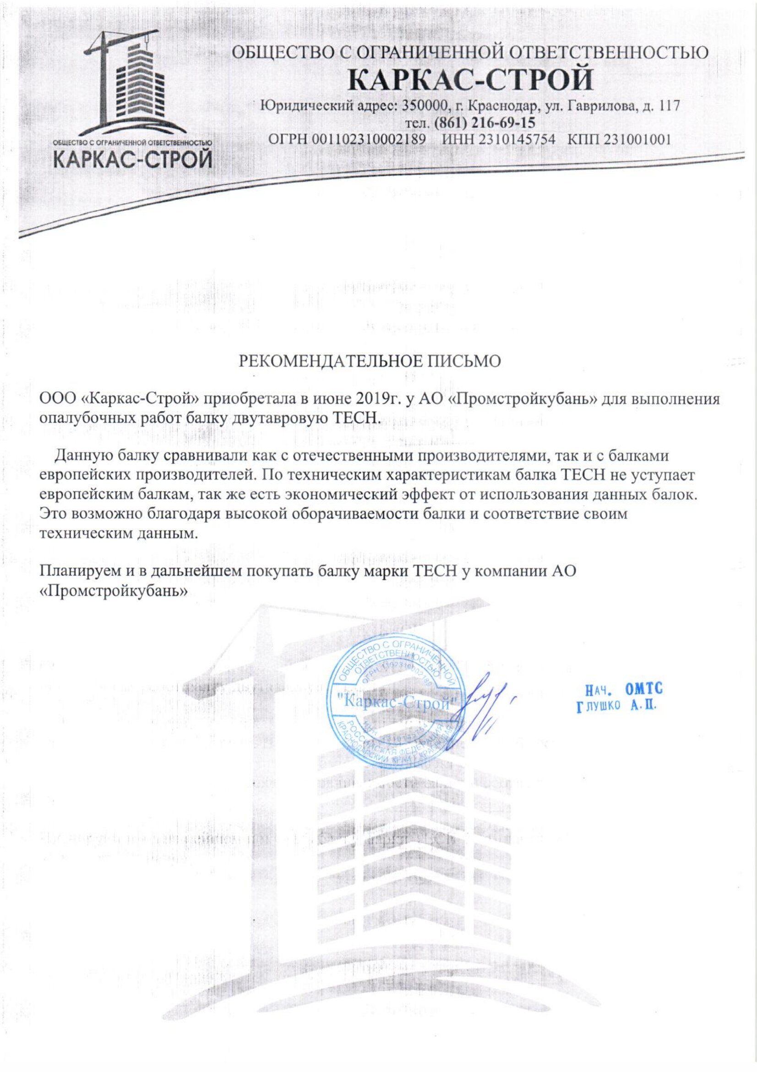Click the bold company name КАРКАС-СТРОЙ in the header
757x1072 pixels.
coord(471,79)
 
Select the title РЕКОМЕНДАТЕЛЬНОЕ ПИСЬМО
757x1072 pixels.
coord(370,361)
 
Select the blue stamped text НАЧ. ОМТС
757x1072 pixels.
coord(624,689)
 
